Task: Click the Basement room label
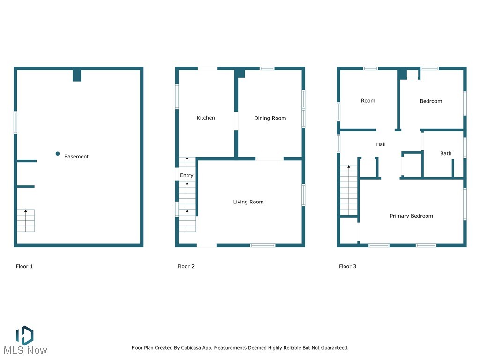click(x=76, y=157)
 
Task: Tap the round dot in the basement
click(x=58, y=154)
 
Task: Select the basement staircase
click(x=26, y=221)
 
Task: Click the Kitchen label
click(x=205, y=118)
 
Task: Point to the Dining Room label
click(x=270, y=118)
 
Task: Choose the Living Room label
click(x=248, y=202)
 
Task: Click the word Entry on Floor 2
click(x=187, y=175)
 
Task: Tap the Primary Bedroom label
click(x=411, y=216)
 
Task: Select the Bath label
click(x=446, y=153)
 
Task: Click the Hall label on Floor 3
click(x=381, y=144)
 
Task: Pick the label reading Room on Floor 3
click(x=368, y=101)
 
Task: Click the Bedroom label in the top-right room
click(x=431, y=101)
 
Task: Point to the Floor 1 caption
click(x=24, y=266)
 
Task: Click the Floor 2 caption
click(x=186, y=266)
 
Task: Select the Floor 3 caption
click(x=347, y=266)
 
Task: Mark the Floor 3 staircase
click(x=348, y=190)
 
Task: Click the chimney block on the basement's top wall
click(x=77, y=75)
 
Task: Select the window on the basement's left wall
click(x=15, y=122)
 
